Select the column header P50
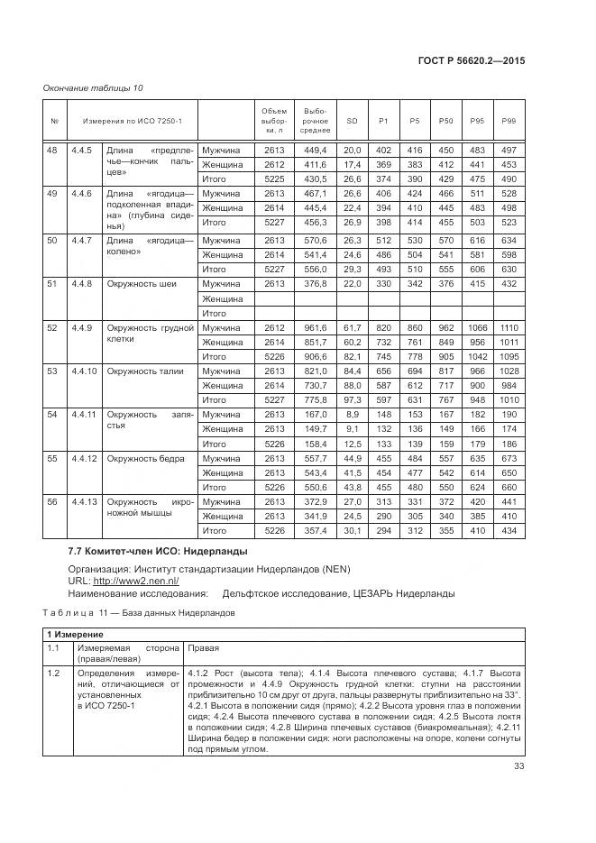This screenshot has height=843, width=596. coord(445,121)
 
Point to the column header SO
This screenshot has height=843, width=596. coord(352,121)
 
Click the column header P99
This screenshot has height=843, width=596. coord(509,121)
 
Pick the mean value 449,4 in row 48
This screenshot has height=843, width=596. coord(315,151)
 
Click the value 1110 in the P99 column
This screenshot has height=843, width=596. coord(509,327)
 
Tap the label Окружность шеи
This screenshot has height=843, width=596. coord(142,284)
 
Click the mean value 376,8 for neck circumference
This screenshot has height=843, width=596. coord(315,284)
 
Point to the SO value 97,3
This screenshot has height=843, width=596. coord(352,400)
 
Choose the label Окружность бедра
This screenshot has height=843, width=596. coord(145,458)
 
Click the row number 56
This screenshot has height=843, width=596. coord(52,501)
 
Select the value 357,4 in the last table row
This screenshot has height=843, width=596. coord(315,531)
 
